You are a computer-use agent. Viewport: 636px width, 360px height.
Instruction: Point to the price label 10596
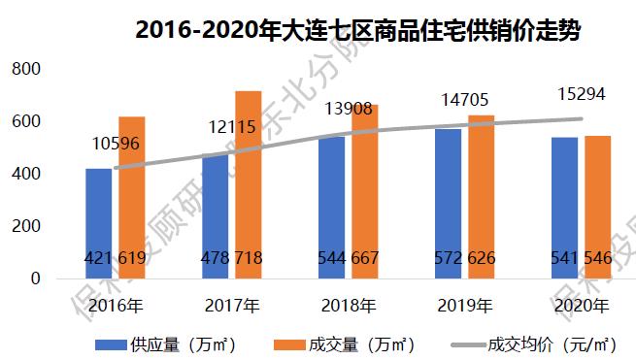tap(115, 145)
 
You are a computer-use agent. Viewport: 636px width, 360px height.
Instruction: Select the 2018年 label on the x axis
tap(348, 306)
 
